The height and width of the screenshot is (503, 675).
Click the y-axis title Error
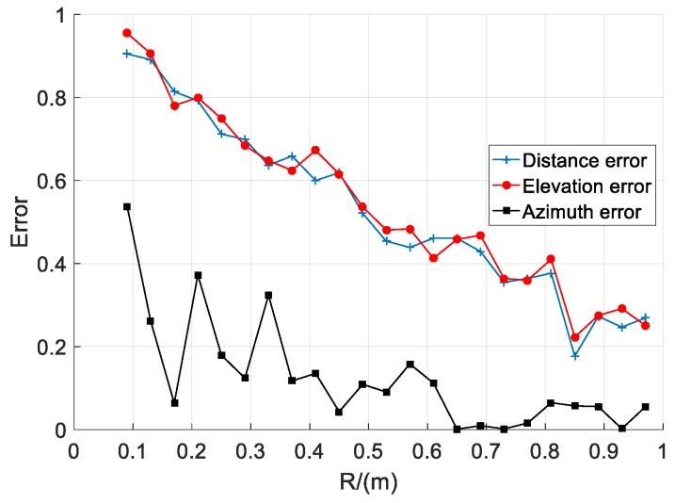click(x=21, y=222)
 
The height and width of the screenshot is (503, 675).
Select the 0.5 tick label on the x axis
click(x=368, y=449)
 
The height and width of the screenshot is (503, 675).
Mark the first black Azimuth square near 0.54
click(x=127, y=206)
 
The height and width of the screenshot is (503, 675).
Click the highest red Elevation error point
click(x=127, y=33)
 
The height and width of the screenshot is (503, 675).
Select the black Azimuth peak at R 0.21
click(x=198, y=275)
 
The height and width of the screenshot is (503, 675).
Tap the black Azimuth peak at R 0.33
click(x=268, y=295)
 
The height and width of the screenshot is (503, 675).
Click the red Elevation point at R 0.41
click(x=315, y=150)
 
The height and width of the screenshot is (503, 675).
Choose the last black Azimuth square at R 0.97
click(x=645, y=407)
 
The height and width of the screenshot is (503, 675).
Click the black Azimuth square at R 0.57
click(x=410, y=365)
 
